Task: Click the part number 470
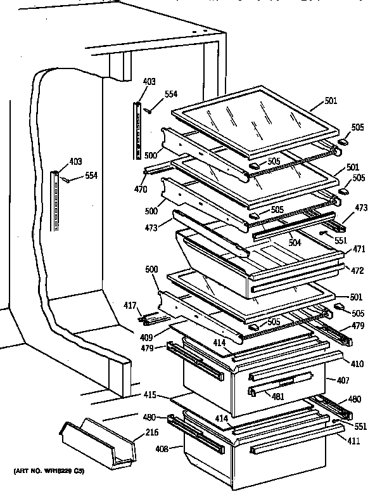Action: tap(141, 189)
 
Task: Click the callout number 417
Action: tap(129, 306)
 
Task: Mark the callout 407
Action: tap(333, 381)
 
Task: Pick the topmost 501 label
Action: tap(331, 101)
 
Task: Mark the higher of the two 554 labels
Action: tap(171, 94)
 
